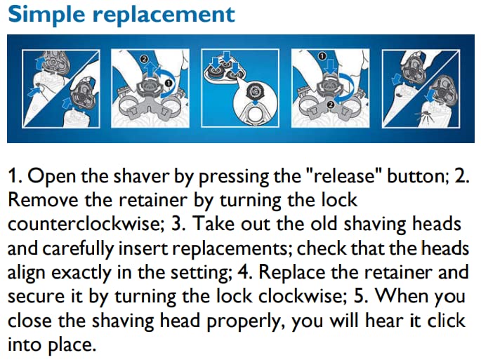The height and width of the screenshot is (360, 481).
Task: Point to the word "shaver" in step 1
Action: [x=116, y=175]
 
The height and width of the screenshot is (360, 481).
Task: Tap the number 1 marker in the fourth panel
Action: [x=322, y=55]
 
